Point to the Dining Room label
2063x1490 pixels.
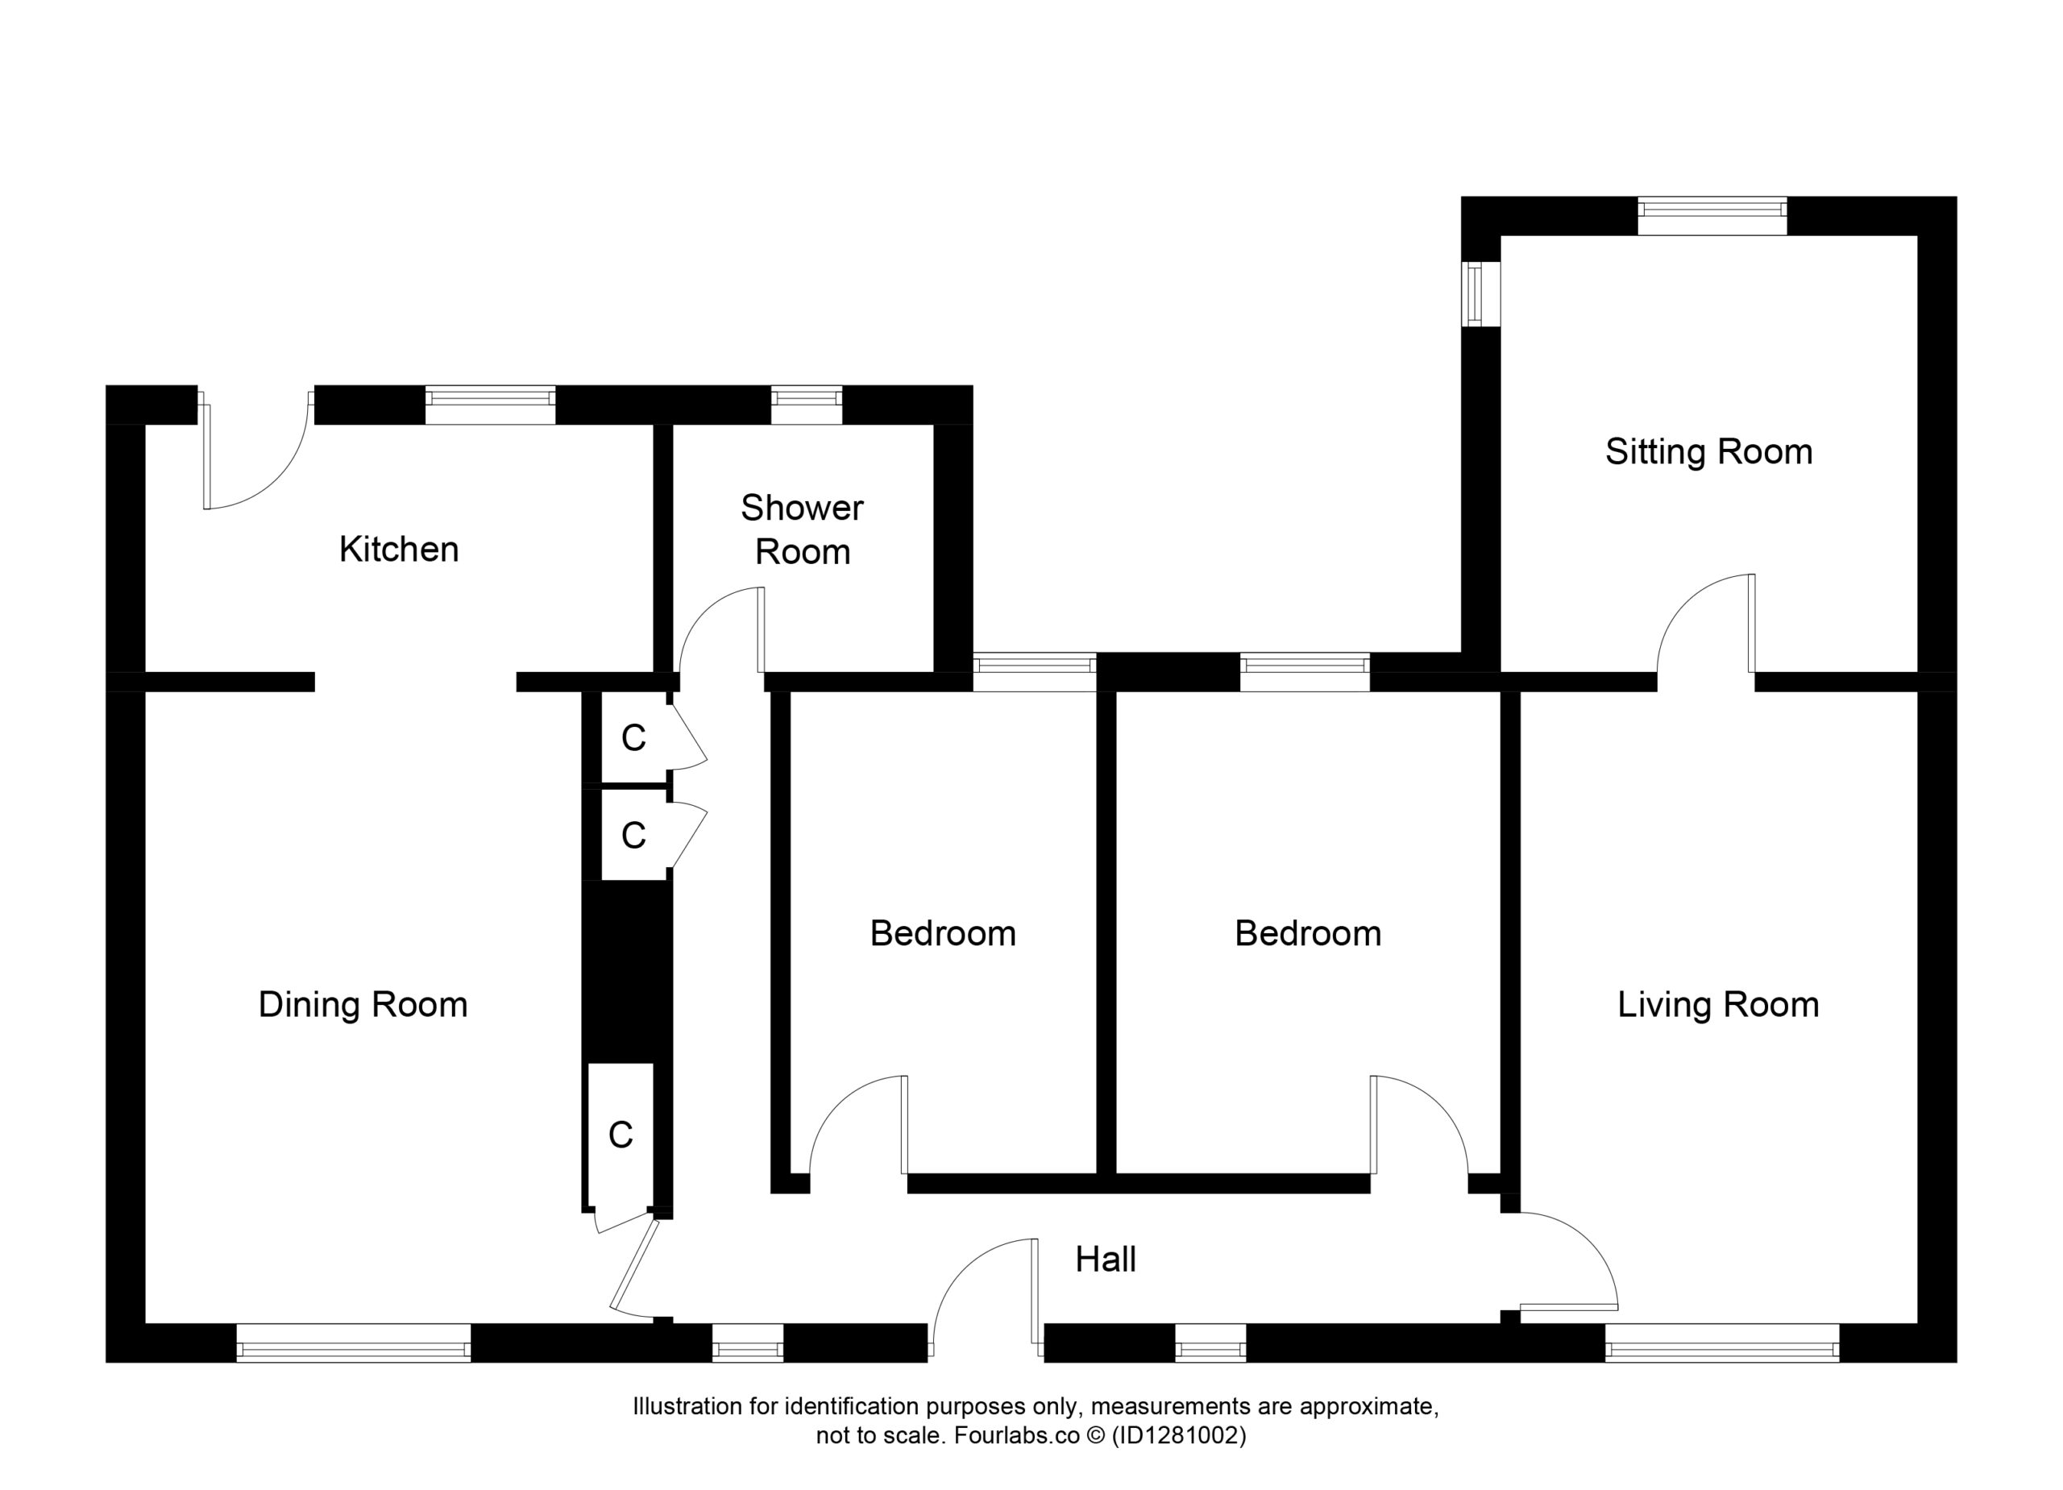point(363,1005)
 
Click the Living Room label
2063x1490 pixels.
point(1718,1005)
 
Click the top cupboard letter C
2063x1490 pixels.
point(633,739)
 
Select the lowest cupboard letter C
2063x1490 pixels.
point(621,1135)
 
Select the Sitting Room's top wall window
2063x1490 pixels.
point(1712,216)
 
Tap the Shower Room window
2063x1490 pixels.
point(806,405)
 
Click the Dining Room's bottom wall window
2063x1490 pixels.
point(353,1343)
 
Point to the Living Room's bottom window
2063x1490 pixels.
point(1722,1343)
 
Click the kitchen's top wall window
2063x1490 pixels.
point(490,405)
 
